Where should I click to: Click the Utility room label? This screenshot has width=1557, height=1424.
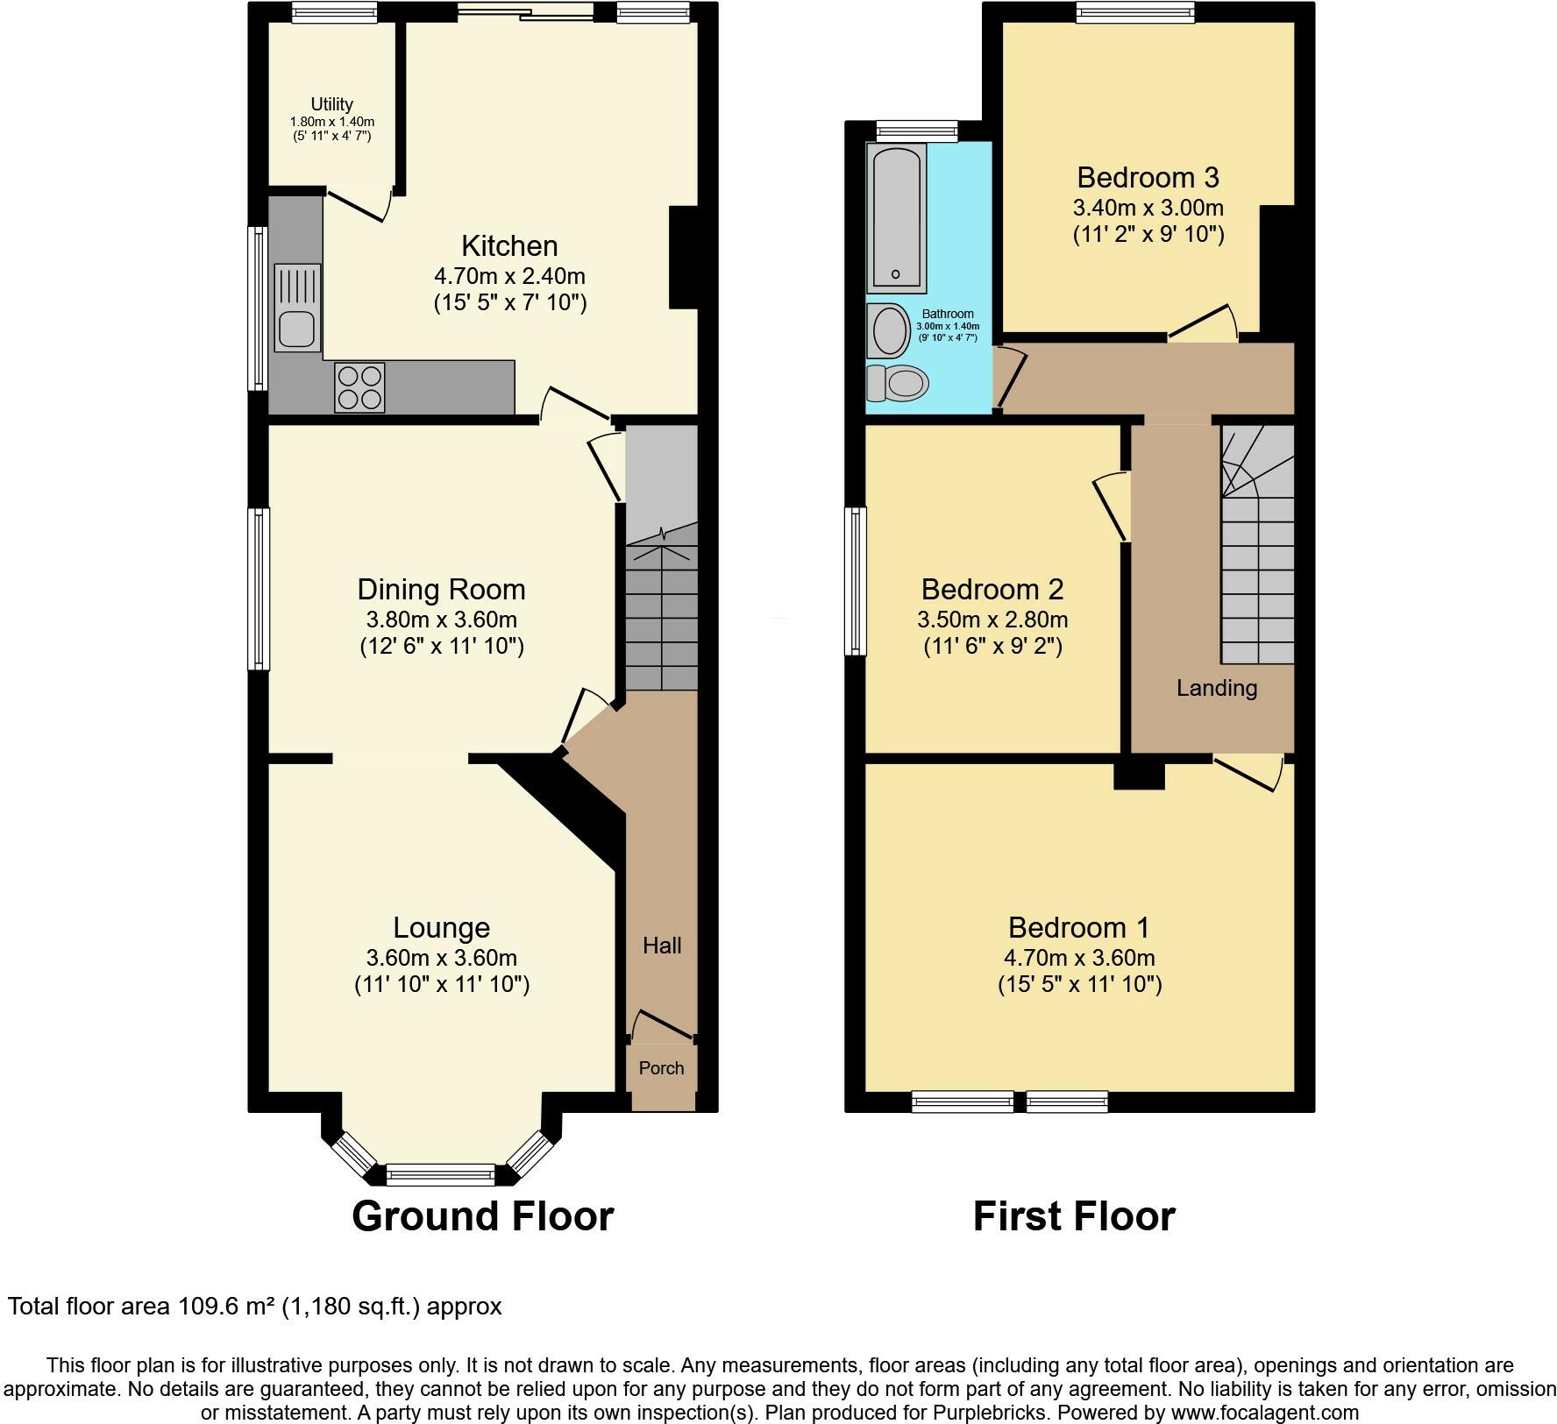click(332, 104)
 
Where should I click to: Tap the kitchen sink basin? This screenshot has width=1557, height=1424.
click(297, 329)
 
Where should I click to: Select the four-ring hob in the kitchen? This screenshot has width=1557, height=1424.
click(359, 387)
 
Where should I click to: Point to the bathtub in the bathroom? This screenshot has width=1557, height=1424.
click(895, 218)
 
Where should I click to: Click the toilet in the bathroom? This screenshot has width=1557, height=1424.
click(897, 383)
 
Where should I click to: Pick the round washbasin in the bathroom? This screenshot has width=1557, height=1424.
click(891, 331)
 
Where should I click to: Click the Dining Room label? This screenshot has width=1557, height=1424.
click(441, 590)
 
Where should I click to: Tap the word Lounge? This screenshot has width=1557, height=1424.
click(441, 927)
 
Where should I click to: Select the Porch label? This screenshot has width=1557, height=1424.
click(661, 1068)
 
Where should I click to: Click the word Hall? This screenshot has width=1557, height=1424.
click(662, 946)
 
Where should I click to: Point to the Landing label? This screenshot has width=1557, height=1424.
click(1217, 689)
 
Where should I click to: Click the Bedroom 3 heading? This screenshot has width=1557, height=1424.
click(1148, 178)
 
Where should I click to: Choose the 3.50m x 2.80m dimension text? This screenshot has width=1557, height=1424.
click(992, 620)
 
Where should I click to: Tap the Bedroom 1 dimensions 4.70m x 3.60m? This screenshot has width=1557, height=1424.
click(1079, 958)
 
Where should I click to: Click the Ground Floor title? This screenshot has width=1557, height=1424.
click(482, 1216)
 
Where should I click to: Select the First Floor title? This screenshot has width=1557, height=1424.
click(1074, 1216)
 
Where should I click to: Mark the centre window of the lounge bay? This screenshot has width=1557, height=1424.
click(441, 1174)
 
